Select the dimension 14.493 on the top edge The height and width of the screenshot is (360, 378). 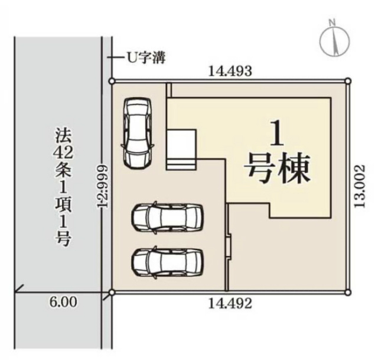(230, 71)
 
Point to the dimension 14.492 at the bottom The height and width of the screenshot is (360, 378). (230, 303)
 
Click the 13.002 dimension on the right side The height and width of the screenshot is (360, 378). (360, 186)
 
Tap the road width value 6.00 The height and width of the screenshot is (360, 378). (63, 302)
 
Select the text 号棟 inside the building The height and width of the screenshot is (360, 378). (279, 168)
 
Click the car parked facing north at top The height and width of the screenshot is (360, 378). (137, 132)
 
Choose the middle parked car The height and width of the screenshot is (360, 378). (167, 218)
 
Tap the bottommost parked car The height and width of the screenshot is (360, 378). (167, 262)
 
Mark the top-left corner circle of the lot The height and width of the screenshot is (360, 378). (112, 81)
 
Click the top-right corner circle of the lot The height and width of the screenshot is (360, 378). (348, 81)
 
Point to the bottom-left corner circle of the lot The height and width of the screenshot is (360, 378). (112, 293)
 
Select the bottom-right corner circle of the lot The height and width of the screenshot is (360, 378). (348, 293)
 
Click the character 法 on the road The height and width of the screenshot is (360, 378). (63, 135)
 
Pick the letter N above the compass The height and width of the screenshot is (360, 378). (333, 22)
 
